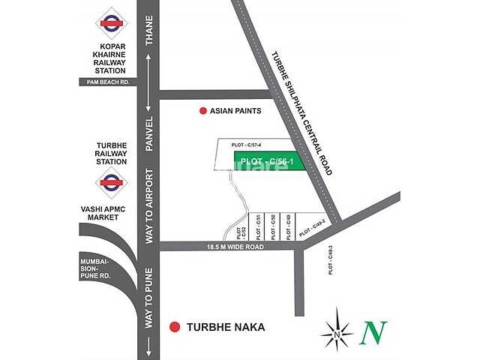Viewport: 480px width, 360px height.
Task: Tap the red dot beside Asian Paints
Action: tap(202, 111)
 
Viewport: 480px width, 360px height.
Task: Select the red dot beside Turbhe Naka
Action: tap(175, 327)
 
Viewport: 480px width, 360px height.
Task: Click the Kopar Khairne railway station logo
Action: tap(111, 22)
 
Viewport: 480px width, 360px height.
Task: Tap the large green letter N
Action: tap(373, 332)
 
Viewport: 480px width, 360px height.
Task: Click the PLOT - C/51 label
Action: tap(258, 227)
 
